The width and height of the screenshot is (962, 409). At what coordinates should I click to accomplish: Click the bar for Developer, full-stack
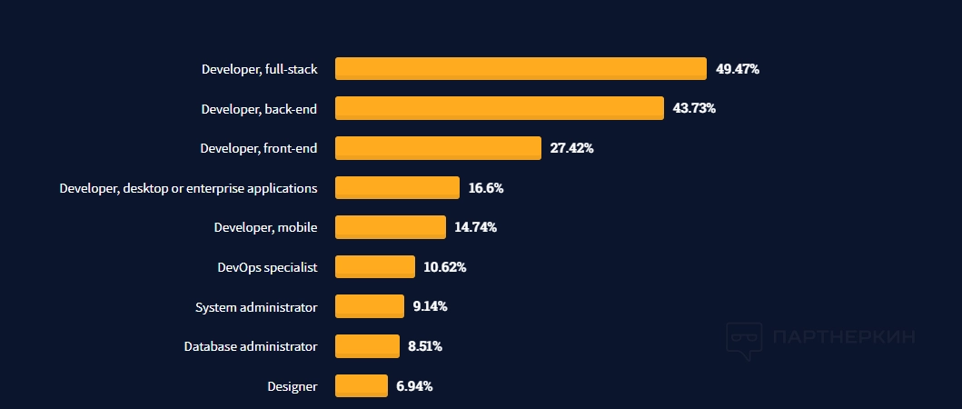(x=521, y=69)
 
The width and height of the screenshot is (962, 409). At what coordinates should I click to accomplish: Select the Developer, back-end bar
(x=500, y=108)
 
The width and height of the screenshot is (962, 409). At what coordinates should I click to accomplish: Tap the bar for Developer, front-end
(x=438, y=148)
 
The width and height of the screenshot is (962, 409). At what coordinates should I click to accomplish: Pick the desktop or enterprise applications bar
(x=397, y=188)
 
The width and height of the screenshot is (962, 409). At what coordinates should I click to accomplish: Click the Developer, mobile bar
(x=391, y=227)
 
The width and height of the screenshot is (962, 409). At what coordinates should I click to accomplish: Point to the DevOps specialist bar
(x=375, y=267)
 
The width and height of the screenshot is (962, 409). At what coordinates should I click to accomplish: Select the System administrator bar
(x=370, y=306)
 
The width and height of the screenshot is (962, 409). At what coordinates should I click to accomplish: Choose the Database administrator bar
(x=367, y=346)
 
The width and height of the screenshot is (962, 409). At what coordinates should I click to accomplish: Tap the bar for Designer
(x=362, y=386)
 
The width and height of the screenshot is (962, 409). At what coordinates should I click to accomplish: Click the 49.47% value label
(x=737, y=69)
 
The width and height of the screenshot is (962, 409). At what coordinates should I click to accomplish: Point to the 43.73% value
(x=694, y=108)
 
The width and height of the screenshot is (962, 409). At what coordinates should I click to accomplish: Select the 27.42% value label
(x=571, y=148)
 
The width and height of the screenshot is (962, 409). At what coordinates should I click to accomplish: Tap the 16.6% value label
(x=486, y=188)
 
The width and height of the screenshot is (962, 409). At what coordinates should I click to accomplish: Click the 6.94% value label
(x=414, y=386)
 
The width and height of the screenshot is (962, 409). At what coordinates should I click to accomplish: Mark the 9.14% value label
(x=430, y=306)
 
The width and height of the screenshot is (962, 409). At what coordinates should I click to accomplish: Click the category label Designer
(x=292, y=386)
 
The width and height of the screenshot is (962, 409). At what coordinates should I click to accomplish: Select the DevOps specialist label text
(x=267, y=267)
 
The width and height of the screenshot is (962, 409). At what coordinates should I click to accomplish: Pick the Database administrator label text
(x=251, y=346)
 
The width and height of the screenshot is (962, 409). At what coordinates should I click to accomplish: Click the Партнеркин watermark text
(x=842, y=337)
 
